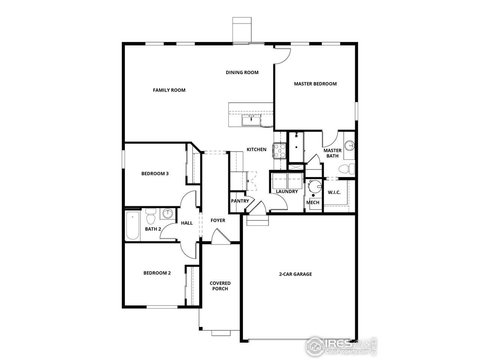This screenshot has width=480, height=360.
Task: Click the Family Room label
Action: [169, 90]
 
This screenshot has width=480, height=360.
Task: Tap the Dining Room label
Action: [242, 72]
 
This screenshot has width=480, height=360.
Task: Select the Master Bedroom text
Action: [315, 84]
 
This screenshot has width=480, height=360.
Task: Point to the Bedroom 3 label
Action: [155, 174]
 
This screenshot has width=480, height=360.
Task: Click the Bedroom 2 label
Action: [157, 273]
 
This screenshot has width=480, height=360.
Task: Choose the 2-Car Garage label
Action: [295, 274]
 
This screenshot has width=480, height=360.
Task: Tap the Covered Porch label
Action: [220, 286]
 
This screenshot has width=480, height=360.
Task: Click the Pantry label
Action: [240, 201]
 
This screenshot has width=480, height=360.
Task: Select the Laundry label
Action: [287, 192]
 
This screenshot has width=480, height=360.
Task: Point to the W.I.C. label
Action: [334, 192]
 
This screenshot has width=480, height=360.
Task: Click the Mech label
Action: [313, 202]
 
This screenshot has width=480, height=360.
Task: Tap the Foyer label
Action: [218, 220]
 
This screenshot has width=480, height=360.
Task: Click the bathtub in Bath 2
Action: [132, 226]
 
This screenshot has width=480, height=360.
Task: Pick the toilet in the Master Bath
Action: [347, 169]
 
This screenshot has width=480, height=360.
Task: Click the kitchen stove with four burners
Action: [280, 151]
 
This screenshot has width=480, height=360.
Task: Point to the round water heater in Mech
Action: [314, 186]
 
